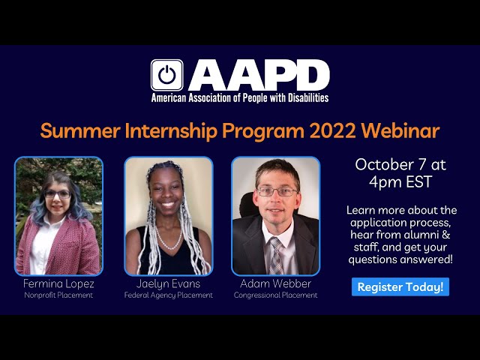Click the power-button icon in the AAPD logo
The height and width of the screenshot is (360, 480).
[x=166, y=75]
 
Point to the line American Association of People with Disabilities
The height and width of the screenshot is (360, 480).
[x=240, y=97]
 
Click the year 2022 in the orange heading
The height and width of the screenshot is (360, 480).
[x=330, y=130]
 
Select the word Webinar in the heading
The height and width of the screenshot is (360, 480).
[x=400, y=130]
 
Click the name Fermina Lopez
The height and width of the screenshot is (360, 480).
[x=58, y=284]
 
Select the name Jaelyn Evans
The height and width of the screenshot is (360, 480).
[x=169, y=284]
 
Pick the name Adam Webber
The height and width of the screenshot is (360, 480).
[x=275, y=284]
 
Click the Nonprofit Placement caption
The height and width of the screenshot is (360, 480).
[x=58, y=295]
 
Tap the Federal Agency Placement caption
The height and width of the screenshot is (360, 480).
[x=169, y=295]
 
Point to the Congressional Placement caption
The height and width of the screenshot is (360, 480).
[x=275, y=295]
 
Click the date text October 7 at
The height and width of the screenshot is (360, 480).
[x=400, y=163]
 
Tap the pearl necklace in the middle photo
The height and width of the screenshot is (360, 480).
[x=169, y=238]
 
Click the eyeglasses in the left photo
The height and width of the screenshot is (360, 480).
[x=57, y=193]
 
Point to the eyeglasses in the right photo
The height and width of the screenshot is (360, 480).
[x=276, y=192]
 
